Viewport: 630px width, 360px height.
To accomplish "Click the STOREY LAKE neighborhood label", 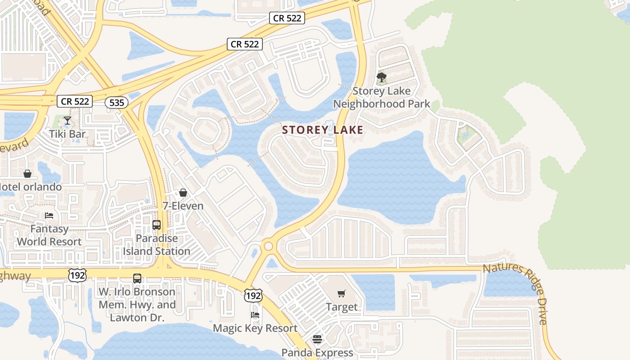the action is [322, 130].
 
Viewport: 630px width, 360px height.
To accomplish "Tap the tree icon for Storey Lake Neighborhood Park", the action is [382, 78].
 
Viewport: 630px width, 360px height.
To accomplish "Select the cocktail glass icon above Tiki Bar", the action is [67, 121].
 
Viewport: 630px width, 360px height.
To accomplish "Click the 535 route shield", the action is [117, 103].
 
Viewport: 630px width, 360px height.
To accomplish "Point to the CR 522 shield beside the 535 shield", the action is [75, 101].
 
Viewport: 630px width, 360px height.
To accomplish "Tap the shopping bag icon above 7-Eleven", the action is [183, 193].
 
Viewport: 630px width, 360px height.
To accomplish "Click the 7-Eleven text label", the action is [183, 206].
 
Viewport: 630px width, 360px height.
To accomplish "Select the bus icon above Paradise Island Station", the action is [157, 225].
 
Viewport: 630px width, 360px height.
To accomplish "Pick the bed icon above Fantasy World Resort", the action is [49, 216].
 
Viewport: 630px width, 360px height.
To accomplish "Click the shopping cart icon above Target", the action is [342, 294].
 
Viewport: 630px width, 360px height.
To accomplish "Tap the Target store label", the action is [342, 307].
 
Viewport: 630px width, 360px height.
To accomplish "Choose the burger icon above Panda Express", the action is [317, 339].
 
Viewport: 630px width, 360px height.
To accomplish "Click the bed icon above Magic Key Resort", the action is [255, 315].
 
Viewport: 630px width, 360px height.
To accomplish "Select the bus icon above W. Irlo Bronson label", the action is [137, 279].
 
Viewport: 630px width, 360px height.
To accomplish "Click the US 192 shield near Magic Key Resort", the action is [253, 296].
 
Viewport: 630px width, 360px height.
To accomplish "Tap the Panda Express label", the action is [317, 352].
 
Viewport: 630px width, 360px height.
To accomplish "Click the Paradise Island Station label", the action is [157, 245].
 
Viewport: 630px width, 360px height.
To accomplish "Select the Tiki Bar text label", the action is [68, 134].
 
